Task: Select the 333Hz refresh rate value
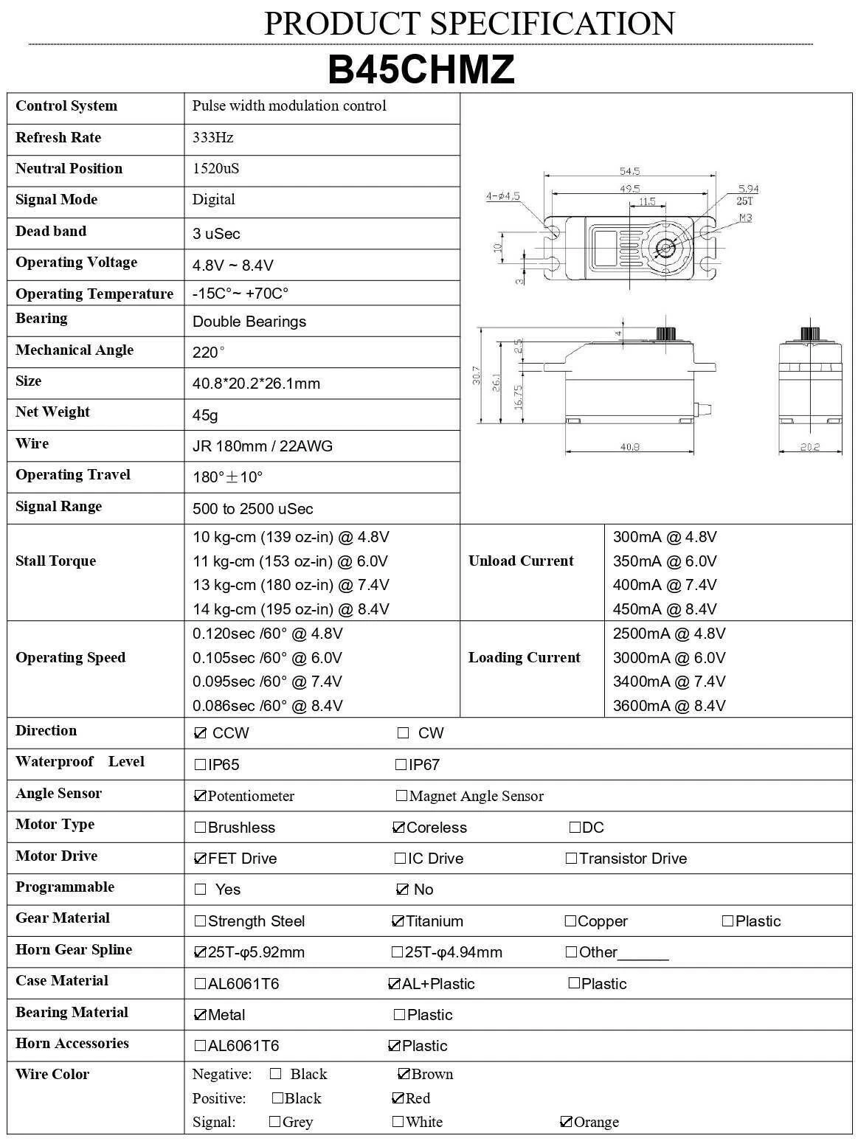213,137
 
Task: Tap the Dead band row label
51,231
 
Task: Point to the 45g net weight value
205,415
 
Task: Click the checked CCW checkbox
200,733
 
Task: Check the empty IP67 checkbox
401,765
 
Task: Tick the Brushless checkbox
200,828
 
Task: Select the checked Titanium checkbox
398,921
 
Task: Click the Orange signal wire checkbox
566,1122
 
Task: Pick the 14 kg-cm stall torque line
291,609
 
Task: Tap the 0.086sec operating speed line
267,706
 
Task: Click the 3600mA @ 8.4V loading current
669,706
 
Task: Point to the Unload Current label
521,561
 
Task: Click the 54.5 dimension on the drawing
629,171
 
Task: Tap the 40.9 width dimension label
629,447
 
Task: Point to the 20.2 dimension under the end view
810,447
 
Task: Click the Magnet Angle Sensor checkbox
401,796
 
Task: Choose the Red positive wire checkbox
398,1098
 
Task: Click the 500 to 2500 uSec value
252,509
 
